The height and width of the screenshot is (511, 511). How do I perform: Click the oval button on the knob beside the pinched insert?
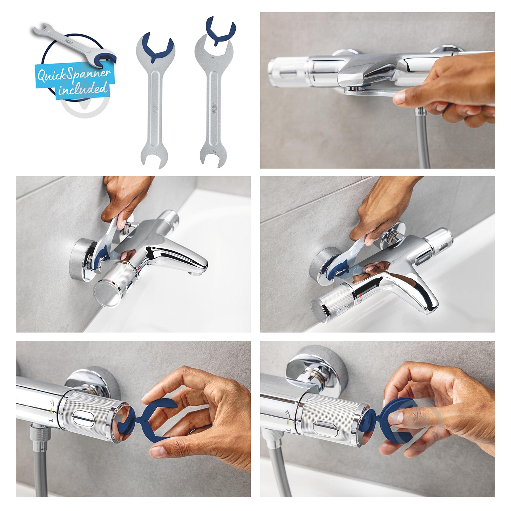point(327,427)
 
